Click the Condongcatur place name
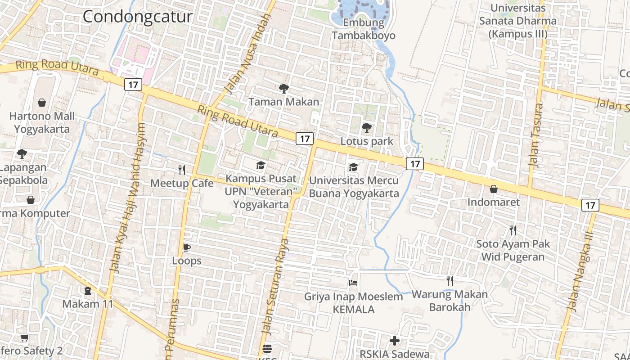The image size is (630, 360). pyautogui.click(x=137, y=17)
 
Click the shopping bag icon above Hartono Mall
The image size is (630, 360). pyautogui.click(x=42, y=103)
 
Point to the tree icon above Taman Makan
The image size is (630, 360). pyautogui.click(x=284, y=88)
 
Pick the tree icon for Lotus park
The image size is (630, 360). pyautogui.click(x=367, y=128)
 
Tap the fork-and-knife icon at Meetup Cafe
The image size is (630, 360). pyautogui.click(x=182, y=170)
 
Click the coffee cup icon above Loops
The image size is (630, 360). pyautogui.click(x=186, y=247)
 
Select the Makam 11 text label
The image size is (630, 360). pyautogui.click(x=88, y=304)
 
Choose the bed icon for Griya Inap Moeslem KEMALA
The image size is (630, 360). pyautogui.click(x=353, y=283)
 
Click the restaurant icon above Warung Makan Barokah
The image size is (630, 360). pyautogui.click(x=450, y=281)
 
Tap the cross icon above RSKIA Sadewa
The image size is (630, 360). pyautogui.click(x=395, y=341)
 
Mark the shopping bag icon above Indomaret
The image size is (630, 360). pyautogui.click(x=493, y=189)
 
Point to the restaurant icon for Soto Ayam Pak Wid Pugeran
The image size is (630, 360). pyautogui.click(x=513, y=230)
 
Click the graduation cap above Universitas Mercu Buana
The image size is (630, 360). pyautogui.click(x=354, y=167)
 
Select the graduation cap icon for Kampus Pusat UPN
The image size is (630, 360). pyautogui.click(x=261, y=166)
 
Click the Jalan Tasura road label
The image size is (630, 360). pyautogui.click(x=535, y=135)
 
